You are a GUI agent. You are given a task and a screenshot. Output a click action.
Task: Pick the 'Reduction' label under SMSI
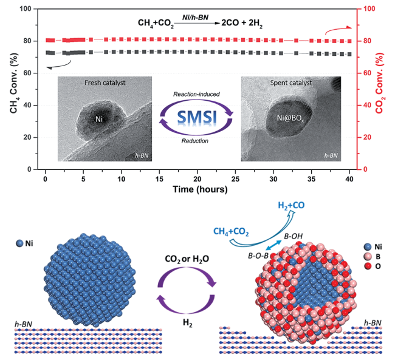[x=195, y=141]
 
